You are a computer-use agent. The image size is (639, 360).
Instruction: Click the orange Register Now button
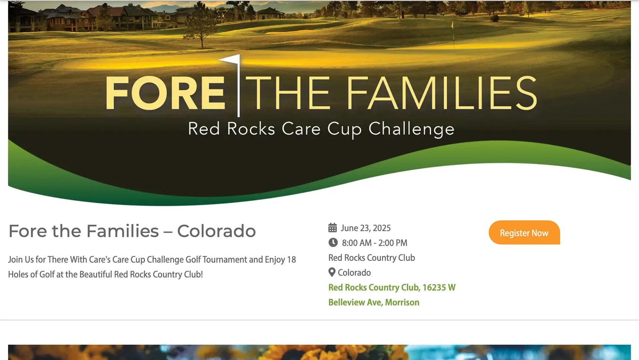point(524,233)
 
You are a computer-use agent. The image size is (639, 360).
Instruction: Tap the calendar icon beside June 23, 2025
point(332,228)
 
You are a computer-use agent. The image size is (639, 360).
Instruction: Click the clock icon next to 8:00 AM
point(333,243)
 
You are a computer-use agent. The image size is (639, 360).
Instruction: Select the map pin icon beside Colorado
point(332,272)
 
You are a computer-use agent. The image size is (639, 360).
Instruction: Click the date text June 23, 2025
point(365,228)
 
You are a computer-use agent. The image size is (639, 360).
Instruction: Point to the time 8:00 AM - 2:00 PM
point(374,243)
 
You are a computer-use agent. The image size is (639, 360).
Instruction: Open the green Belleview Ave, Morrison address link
point(374,302)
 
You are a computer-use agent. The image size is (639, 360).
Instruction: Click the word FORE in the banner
point(165,93)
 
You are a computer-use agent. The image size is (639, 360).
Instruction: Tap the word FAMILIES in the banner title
point(442,93)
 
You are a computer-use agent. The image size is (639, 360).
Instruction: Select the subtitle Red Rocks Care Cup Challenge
point(321,129)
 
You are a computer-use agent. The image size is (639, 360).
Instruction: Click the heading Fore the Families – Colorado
point(132,231)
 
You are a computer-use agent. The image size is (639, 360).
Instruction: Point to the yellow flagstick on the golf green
point(453,32)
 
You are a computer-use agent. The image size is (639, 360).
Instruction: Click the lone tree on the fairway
point(201,27)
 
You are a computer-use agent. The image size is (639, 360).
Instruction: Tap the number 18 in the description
point(292,260)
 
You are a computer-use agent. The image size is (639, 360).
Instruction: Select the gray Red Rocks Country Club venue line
point(371,258)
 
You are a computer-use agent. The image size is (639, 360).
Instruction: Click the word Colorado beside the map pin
point(354,272)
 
